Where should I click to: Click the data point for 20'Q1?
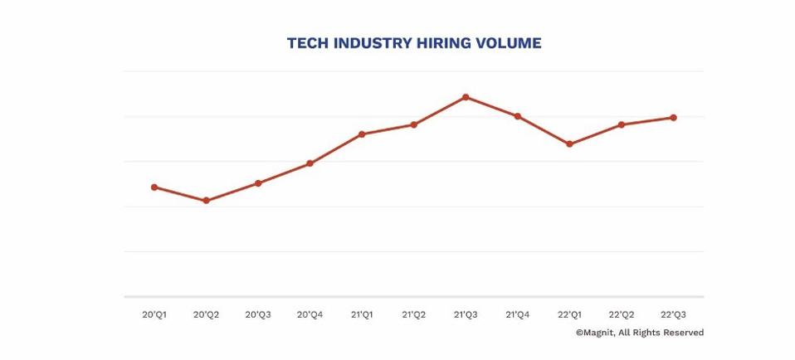[154, 187]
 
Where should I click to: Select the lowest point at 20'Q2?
[206, 201]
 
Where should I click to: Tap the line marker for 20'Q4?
[310, 163]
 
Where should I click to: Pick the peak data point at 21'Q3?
[466, 97]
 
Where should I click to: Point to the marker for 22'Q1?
[569, 144]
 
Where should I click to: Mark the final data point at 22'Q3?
[673, 118]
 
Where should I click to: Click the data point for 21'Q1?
[362, 134]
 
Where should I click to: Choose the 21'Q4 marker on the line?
[518, 116]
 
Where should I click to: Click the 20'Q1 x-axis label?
[154, 315]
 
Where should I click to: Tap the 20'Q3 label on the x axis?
[258, 315]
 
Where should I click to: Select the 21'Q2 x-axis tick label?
[413, 315]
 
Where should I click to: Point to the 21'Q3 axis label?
[466, 315]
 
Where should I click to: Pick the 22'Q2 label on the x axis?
[622, 315]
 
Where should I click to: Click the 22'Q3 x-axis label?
[673, 315]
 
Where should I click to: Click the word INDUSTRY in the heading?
[366, 43]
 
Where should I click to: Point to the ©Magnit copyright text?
[639, 333]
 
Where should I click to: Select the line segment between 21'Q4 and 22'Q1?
[544, 130]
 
